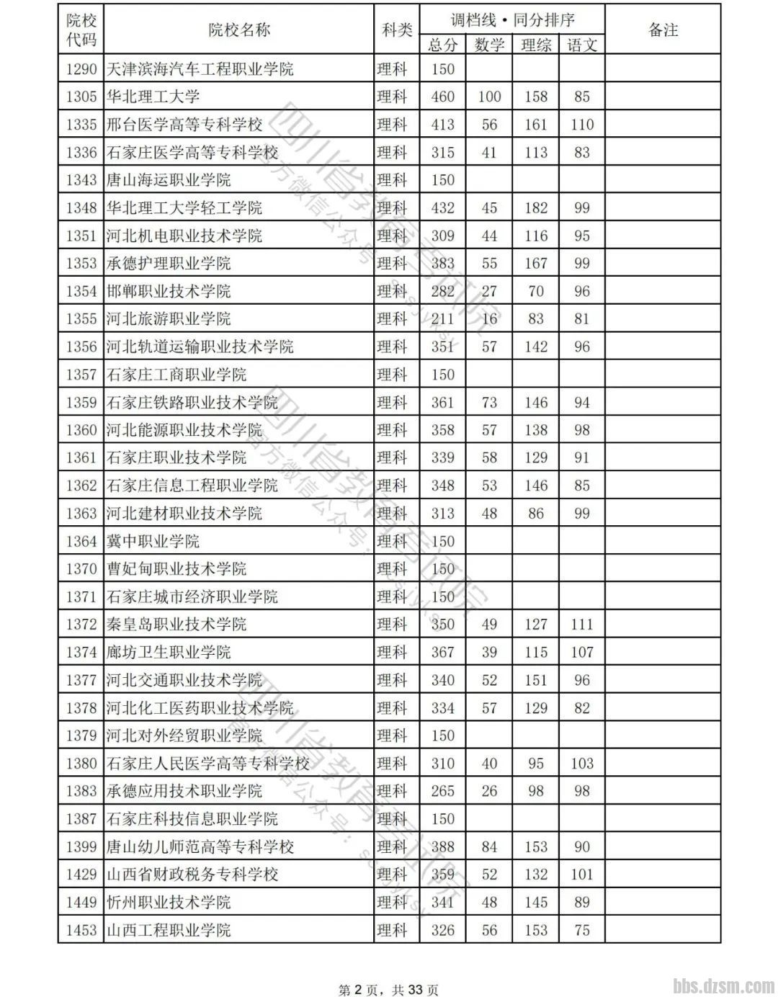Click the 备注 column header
coord(663,30)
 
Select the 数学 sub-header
coord(489,45)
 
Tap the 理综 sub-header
coord(535,45)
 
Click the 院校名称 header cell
coord(239,30)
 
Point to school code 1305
coord(81,97)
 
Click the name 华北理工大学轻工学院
coord(184,208)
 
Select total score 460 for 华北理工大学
coord(442,97)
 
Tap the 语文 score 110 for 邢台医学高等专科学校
coord(581,125)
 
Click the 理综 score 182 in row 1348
coord(535,208)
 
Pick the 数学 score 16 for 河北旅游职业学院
coord(489,319)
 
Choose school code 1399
coord(81,846)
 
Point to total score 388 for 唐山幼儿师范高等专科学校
coord(442,846)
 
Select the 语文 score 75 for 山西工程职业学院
coord(581,930)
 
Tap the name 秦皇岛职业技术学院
coord(176,624)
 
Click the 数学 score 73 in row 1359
coord(489,403)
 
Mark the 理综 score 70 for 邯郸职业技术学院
coord(535,291)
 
